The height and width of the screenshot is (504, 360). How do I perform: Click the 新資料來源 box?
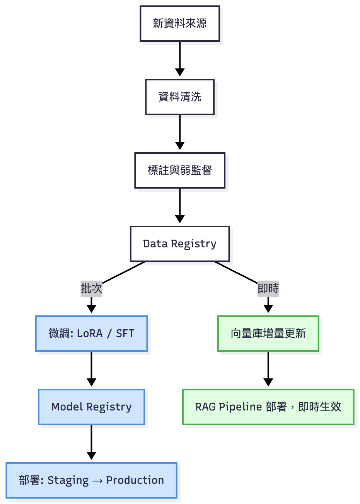180,24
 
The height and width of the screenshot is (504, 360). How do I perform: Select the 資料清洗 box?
180,97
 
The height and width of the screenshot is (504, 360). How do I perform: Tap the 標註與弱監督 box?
180,170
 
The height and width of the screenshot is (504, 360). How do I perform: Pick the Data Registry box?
180,244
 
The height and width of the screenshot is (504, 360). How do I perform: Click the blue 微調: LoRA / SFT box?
92,334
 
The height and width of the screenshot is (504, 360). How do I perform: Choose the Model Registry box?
92,407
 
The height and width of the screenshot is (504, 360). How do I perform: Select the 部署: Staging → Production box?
92,480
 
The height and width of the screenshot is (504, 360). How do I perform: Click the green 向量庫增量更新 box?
268,334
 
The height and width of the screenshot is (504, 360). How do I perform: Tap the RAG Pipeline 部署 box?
268,407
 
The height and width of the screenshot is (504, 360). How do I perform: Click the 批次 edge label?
92,288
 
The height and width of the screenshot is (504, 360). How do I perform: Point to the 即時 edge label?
268,288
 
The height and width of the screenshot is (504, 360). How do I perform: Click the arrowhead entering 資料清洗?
180,72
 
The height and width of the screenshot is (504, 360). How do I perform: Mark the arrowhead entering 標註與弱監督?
180,146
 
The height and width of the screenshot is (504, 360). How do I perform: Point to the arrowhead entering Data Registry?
180,219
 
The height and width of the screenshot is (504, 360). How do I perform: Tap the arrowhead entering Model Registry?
92,382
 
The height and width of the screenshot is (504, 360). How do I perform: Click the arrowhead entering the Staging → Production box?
92,456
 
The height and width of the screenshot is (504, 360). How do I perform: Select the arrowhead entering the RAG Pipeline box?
268,382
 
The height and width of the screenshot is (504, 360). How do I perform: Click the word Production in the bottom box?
135,480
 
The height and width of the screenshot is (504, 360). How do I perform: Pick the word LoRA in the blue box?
90,334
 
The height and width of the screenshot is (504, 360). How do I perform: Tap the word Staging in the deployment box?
68,480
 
